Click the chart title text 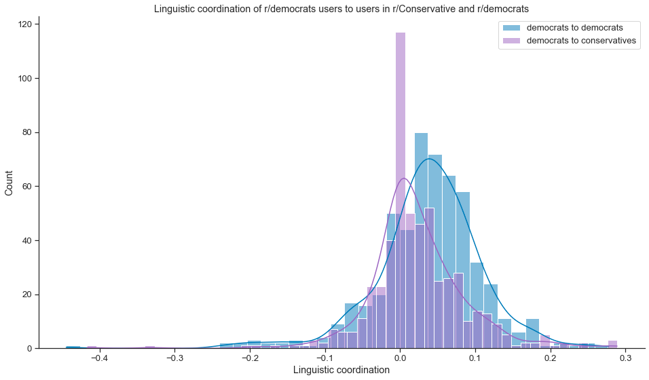point(341,9)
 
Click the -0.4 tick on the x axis point(99,357)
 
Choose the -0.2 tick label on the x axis point(249,357)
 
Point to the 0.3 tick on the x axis point(626,357)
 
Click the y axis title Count point(10,183)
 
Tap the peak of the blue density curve point(429,159)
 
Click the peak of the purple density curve point(404,178)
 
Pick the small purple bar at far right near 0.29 point(612,345)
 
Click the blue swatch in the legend point(511,28)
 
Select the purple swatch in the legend point(511,41)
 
